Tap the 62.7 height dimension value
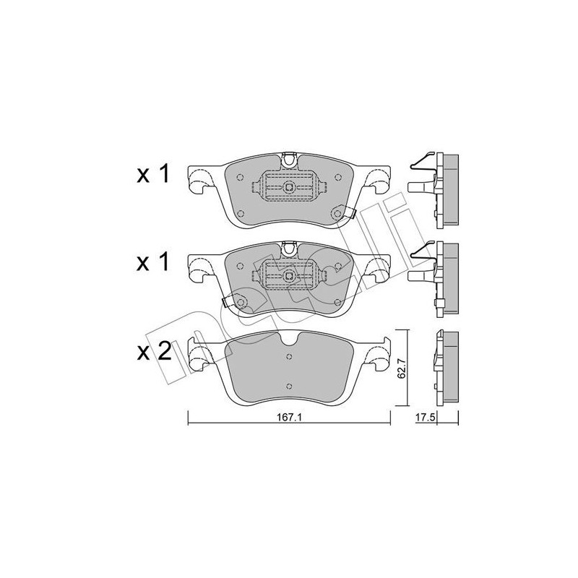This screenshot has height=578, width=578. coord(402,368)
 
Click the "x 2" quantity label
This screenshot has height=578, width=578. coord(154,352)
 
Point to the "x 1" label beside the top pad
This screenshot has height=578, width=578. coord(153,173)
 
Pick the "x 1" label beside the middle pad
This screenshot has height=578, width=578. coord(153,262)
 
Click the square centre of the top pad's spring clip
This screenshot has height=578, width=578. coord(289,187)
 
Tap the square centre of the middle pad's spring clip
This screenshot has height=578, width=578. coord(289,276)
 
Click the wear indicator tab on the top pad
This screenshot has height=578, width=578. coord(351,213)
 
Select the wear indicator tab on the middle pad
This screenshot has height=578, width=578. coord(226,302)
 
